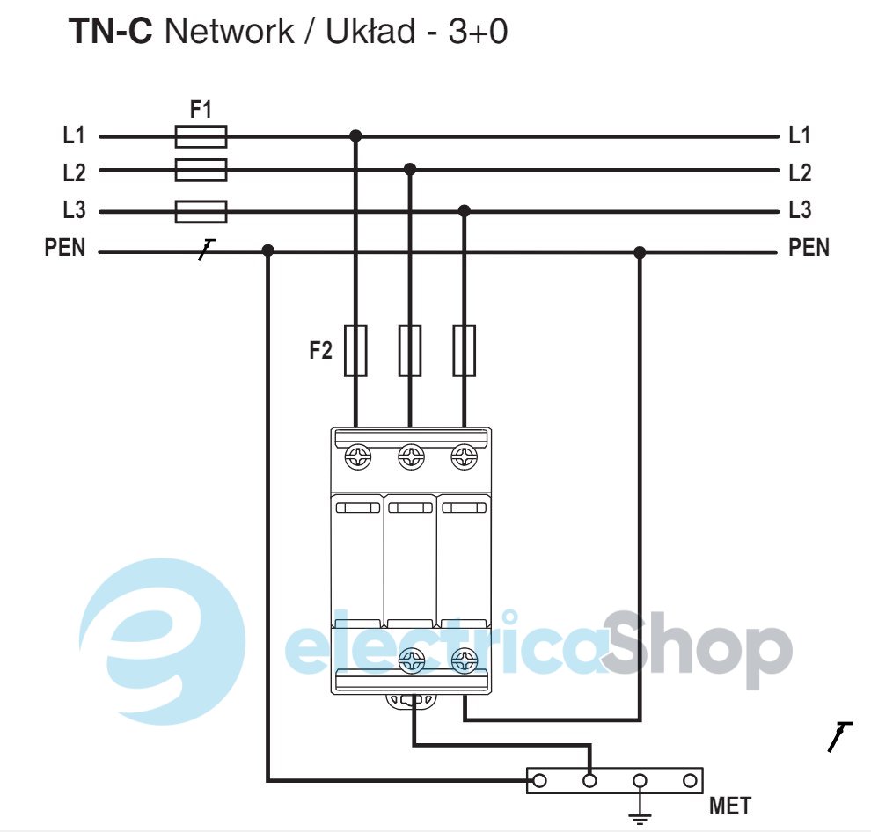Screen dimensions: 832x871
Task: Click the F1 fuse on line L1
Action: click(x=201, y=136)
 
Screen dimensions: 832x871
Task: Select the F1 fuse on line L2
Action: click(x=201, y=170)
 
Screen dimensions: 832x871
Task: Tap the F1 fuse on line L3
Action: click(x=201, y=212)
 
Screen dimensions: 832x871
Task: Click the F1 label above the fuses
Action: click(x=201, y=111)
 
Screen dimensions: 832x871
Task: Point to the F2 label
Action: click(x=321, y=351)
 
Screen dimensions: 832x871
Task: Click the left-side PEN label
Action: click(x=65, y=249)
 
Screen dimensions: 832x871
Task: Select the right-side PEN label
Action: click(x=809, y=248)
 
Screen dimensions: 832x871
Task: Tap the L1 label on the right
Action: click(x=799, y=135)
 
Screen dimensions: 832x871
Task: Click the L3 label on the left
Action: click(x=74, y=211)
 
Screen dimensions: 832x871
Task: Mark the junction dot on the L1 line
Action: click(x=355, y=136)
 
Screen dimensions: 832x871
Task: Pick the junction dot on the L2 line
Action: click(x=410, y=169)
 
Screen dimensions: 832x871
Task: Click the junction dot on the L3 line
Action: click(x=465, y=211)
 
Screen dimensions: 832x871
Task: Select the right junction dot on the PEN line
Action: click(x=640, y=252)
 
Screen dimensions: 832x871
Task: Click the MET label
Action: click(x=730, y=805)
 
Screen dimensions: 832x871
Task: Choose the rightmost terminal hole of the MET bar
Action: click(x=690, y=780)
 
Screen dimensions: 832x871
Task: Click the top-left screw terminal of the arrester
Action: click(x=357, y=457)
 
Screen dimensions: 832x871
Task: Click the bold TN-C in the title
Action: click(x=111, y=33)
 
